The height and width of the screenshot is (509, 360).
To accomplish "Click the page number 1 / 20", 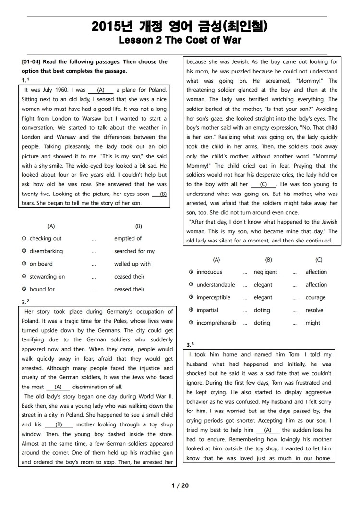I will coord(180,485).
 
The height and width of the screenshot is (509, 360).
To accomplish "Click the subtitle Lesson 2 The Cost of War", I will coord(180,40).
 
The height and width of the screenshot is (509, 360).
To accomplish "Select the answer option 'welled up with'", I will coord(132,264).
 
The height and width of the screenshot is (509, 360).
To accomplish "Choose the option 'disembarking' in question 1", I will coord(46,251).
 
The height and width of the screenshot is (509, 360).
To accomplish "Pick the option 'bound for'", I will coord(42,289).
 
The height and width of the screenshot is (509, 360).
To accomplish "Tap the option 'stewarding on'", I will coord(47,277).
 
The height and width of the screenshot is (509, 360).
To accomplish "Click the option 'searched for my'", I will coord(134,251).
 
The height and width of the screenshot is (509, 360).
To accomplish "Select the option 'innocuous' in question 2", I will coord(209,272).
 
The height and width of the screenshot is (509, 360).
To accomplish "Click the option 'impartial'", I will coord(207,310).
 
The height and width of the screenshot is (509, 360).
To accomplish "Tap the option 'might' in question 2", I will coord(312,323).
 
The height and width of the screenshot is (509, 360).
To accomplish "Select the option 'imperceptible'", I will coord(214,298).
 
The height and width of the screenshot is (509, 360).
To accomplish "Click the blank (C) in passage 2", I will coord(264,184).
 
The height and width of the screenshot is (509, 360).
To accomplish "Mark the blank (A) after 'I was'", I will coord(101,90).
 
